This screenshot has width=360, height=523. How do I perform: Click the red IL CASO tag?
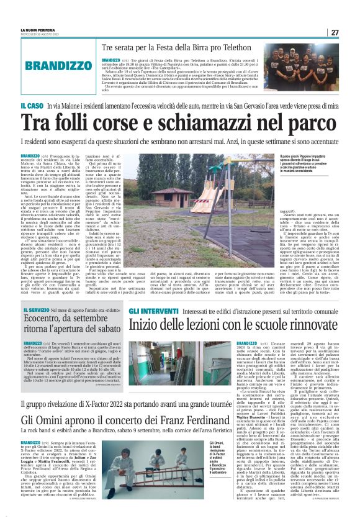pyautogui.click(x=30, y=108)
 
